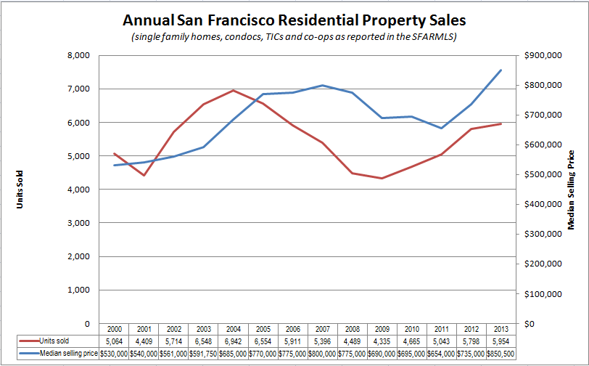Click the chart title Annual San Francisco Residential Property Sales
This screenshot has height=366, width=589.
(x=294, y=20)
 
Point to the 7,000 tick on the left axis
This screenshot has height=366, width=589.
(x=79, y=89)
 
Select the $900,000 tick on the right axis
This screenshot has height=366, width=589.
(x=543, y=55)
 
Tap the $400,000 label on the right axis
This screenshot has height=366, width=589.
(x=543, y=204)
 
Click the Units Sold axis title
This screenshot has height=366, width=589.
(x=20, y=190)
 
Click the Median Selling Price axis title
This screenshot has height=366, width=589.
(x=571, y=190)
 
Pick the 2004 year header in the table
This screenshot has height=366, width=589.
(x=234, y=329)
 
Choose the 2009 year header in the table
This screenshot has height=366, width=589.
(x=382, y=329)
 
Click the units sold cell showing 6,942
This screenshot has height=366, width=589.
(x=234, y=341)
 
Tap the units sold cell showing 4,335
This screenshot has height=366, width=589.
(x=382, y=341)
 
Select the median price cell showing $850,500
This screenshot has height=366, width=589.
(x=501, y=354)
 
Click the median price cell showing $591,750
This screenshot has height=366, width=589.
(x=203, y=354)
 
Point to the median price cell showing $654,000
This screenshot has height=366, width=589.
(x=441, y=354)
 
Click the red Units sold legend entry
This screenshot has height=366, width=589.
(x=44, y=341)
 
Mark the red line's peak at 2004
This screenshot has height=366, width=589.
(x=234, y=91)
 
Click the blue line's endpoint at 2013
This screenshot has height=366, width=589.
(x=501, y=70)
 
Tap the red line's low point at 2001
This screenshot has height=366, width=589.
(x=144, y=175)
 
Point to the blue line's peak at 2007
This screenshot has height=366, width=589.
(x=323, y=85)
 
